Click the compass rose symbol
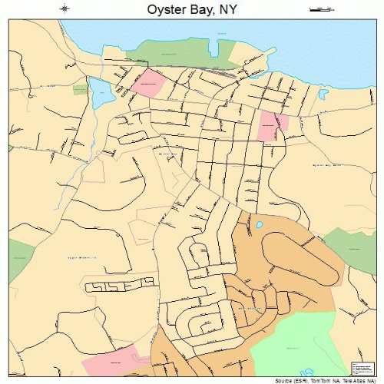(x=65, y=9)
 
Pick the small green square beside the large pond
(x=79, y=90)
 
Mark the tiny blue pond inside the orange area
(x=260, y=225)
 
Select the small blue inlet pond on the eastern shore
(x=323, y=97)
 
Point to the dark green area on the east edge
(x=354, y=247)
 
